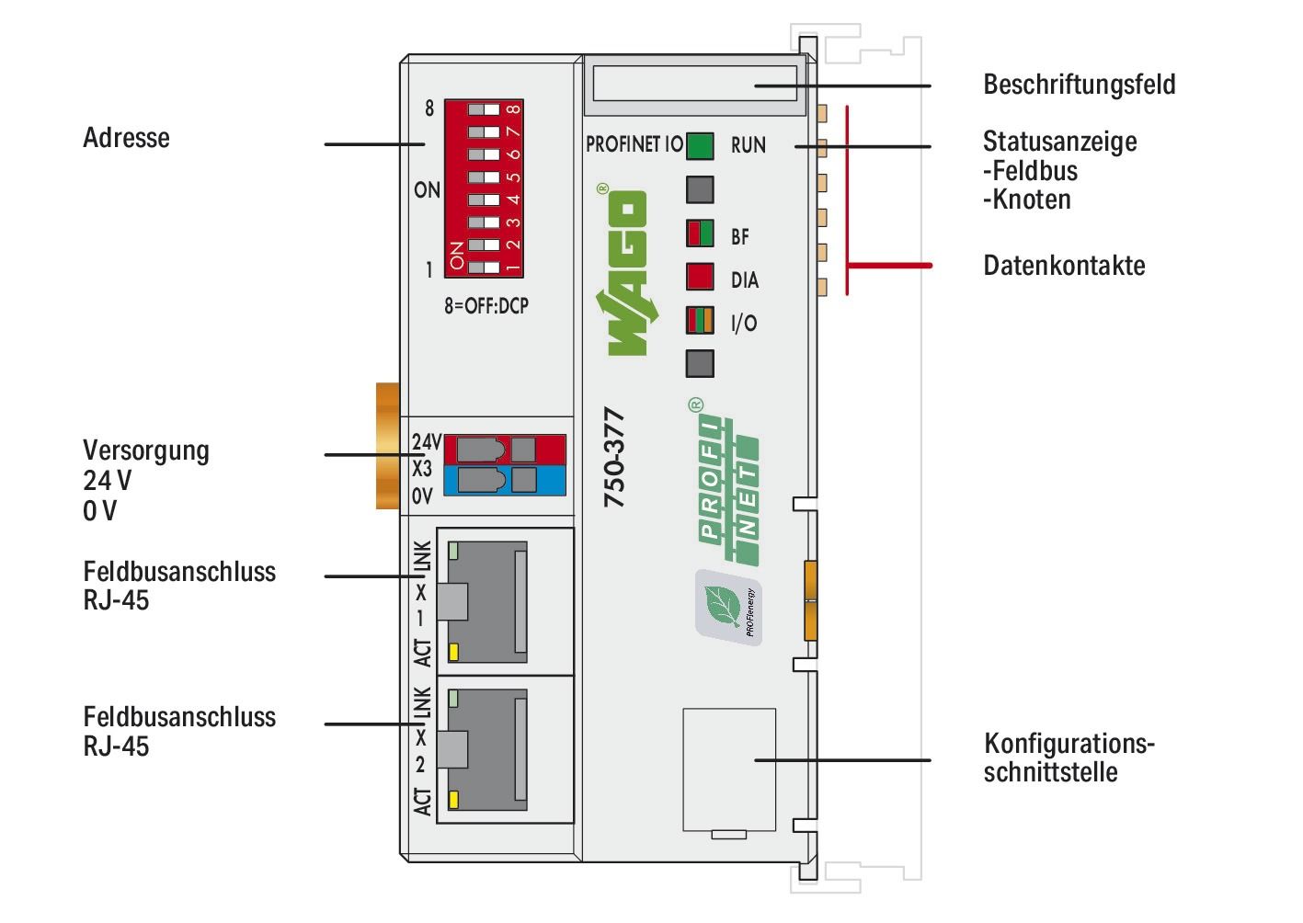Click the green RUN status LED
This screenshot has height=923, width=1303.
(x=700, y=146)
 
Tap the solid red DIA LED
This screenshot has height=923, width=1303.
(x=700, y=279)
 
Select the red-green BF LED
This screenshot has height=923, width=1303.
(x=700, y=234)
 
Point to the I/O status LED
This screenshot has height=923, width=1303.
(x=700, y=322)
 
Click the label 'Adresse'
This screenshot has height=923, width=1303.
(x=126, y=138)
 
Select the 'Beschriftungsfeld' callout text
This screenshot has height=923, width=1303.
(x=1079, y=85)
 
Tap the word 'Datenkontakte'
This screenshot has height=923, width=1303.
(x=1064, y=266)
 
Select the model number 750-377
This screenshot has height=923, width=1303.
(x=613, y=457)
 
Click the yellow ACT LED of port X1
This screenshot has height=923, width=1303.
(x=453, y=653)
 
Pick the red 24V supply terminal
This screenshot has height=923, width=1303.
(x=504, y=449)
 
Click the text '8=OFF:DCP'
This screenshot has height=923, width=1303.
(x=486, y=306)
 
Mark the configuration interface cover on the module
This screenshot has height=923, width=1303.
(x=729, y=770)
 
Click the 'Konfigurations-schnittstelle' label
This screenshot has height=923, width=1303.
(x=1068, y=757)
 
